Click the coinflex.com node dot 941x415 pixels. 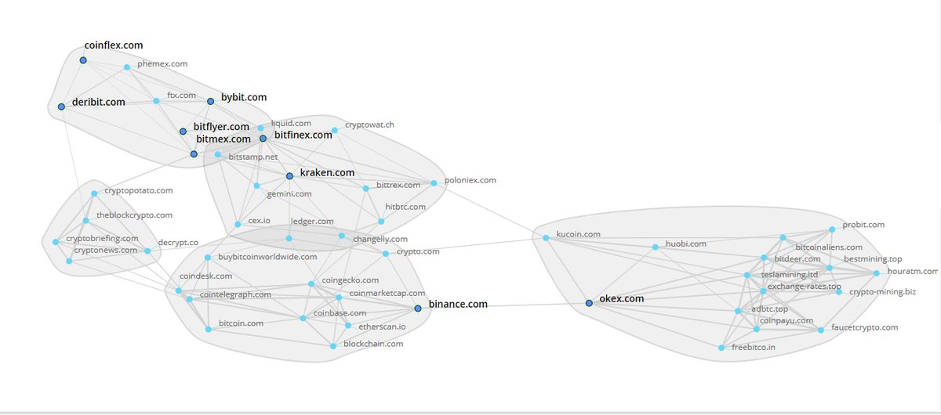pyautogui.click(x=82, y=60)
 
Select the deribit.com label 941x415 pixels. pyautogui.click(x=98, y=102)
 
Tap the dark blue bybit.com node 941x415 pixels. pyautogui.click(x=210, y=101)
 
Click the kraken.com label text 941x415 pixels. pyautogui.click(x=327, y=172)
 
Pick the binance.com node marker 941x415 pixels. pyautogui.click(x=418, y=309)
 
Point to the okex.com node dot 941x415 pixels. pyautogui.click(x=589, y=303)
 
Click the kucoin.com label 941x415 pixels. pyautogui.click(x=578, y=234)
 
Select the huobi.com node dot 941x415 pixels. pyautogui.click(x=655, y=247)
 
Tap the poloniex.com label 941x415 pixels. pyautogui.click(x=470, y=180)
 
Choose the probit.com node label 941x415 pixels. pyautogui.click(x=863, y=225)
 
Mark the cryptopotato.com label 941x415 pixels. pyautogui.click(x=138, y=190)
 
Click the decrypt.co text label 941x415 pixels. pyautogui.click(x=178, y=243)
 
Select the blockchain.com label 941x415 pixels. pyautogui.click(x=373, y=344)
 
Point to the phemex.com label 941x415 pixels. pyautogui.click(x=162, y=63)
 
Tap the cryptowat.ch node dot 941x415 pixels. pyautogui.click(x=335, y=130)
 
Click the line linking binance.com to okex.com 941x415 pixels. pyautogui.click(x=502, y=306)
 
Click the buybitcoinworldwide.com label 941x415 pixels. pyautogui.click(x=267, y=256)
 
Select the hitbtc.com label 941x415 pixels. pyautogui.click(x=405, y=207)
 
